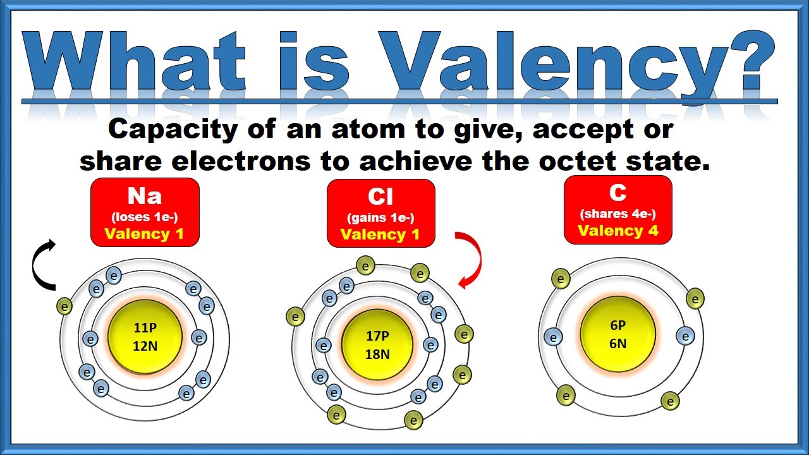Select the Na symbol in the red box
coord(145,197)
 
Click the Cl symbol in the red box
coord(380,198)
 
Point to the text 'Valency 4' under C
coord(617,231)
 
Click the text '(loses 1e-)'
coord(145,217)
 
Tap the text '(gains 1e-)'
coord(380,218)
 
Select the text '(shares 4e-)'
coord(617,214)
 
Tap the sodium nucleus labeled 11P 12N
coord(145,337)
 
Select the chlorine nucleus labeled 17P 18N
coord(377,344)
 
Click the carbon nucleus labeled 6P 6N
coord(617,334)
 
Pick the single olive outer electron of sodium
coord(64,306)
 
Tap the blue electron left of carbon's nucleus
coord(553,337)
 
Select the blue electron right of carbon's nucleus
coord(685,336)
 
